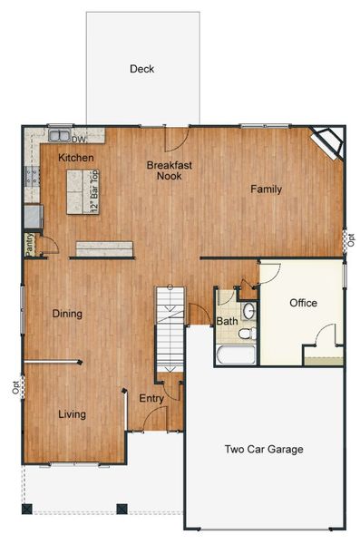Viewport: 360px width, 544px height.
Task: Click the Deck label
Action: click(x=141, y=69)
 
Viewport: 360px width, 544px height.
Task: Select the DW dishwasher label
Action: click(x=79, y=139)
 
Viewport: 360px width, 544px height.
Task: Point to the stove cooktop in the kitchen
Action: click(x=33, y=176)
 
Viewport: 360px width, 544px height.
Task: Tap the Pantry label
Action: click(x=30, y=245)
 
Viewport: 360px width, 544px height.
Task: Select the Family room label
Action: click(x=267, y=189)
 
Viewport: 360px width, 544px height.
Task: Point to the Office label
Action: click(x=303, y=303)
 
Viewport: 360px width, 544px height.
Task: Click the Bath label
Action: click(x=227, y=321)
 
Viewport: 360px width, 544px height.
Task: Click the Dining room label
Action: click(x=67, y=315)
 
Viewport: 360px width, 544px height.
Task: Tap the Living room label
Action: click(x=73, y=414)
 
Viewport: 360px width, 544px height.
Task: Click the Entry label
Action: click(x=151, y=398)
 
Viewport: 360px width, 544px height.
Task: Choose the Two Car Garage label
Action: click(x=264, y=449)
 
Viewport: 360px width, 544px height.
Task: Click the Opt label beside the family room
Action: click(x=351, y=240)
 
